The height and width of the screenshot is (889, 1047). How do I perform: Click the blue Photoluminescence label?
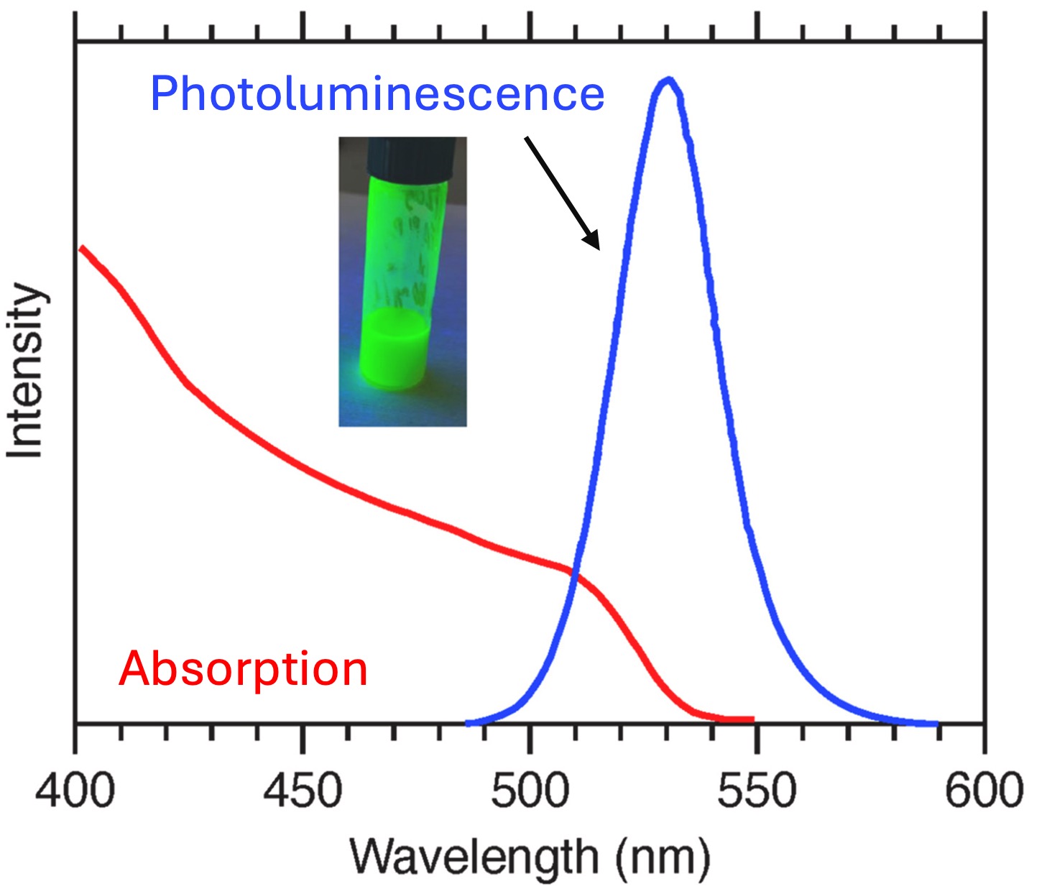(377, 94)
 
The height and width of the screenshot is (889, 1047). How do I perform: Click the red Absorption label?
(243, 669)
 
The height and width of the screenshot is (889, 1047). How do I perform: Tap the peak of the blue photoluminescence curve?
(668, 80)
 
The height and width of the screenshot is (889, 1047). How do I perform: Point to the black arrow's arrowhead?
(593, 243)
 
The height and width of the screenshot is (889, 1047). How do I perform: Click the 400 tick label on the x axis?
(75, 791)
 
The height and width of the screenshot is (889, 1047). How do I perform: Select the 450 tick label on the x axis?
(302, 791)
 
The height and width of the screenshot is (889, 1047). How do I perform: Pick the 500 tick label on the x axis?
(530, 791)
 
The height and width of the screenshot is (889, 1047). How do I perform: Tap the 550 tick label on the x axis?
(757, 791)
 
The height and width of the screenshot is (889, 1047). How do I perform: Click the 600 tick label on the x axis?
(983, 791)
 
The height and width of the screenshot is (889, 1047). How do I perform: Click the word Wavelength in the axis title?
(474, 857)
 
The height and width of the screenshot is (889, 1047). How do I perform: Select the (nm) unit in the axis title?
(662, 857)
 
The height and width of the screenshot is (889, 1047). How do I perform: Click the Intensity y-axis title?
(26, 370)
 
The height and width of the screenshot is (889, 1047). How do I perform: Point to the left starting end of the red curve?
(82, 249)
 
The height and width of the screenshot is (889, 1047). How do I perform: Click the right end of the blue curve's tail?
(936, 724)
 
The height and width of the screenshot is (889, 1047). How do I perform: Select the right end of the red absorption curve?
(752, 719)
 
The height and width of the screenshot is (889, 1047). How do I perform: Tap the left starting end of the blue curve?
(469, 723)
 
